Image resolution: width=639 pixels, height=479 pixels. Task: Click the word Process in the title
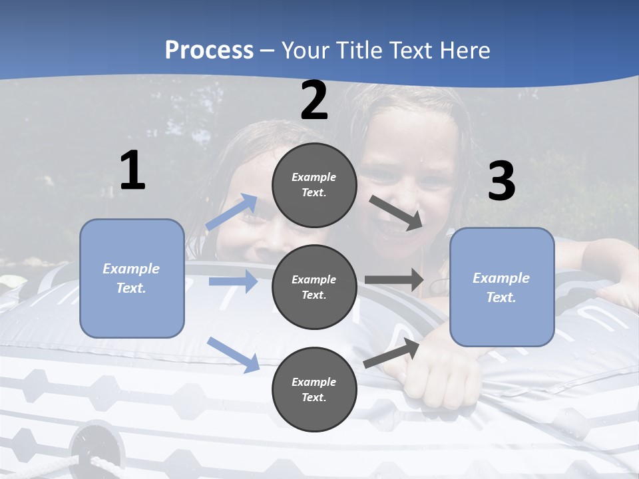(x=209, y=50)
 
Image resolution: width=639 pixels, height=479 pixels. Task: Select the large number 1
(x=132, y=171)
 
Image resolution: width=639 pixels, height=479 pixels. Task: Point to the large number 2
(x=314, y=101)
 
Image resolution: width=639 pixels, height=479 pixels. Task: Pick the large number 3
(x=501, y=182)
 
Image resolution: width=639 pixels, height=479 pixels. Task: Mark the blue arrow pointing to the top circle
(x=232, y=212)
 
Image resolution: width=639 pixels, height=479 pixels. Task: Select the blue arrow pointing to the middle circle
(x=233, y=281)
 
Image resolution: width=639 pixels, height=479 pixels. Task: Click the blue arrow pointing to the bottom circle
(x=233, y=354)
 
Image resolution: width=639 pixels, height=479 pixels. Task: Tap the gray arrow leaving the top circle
(x=395, y=213)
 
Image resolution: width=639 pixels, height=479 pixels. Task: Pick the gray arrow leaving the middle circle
(x=394, y=279)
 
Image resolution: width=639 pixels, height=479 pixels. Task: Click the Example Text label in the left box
(x=131, y=278)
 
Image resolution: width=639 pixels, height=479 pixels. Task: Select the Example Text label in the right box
(x=501, y=287)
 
